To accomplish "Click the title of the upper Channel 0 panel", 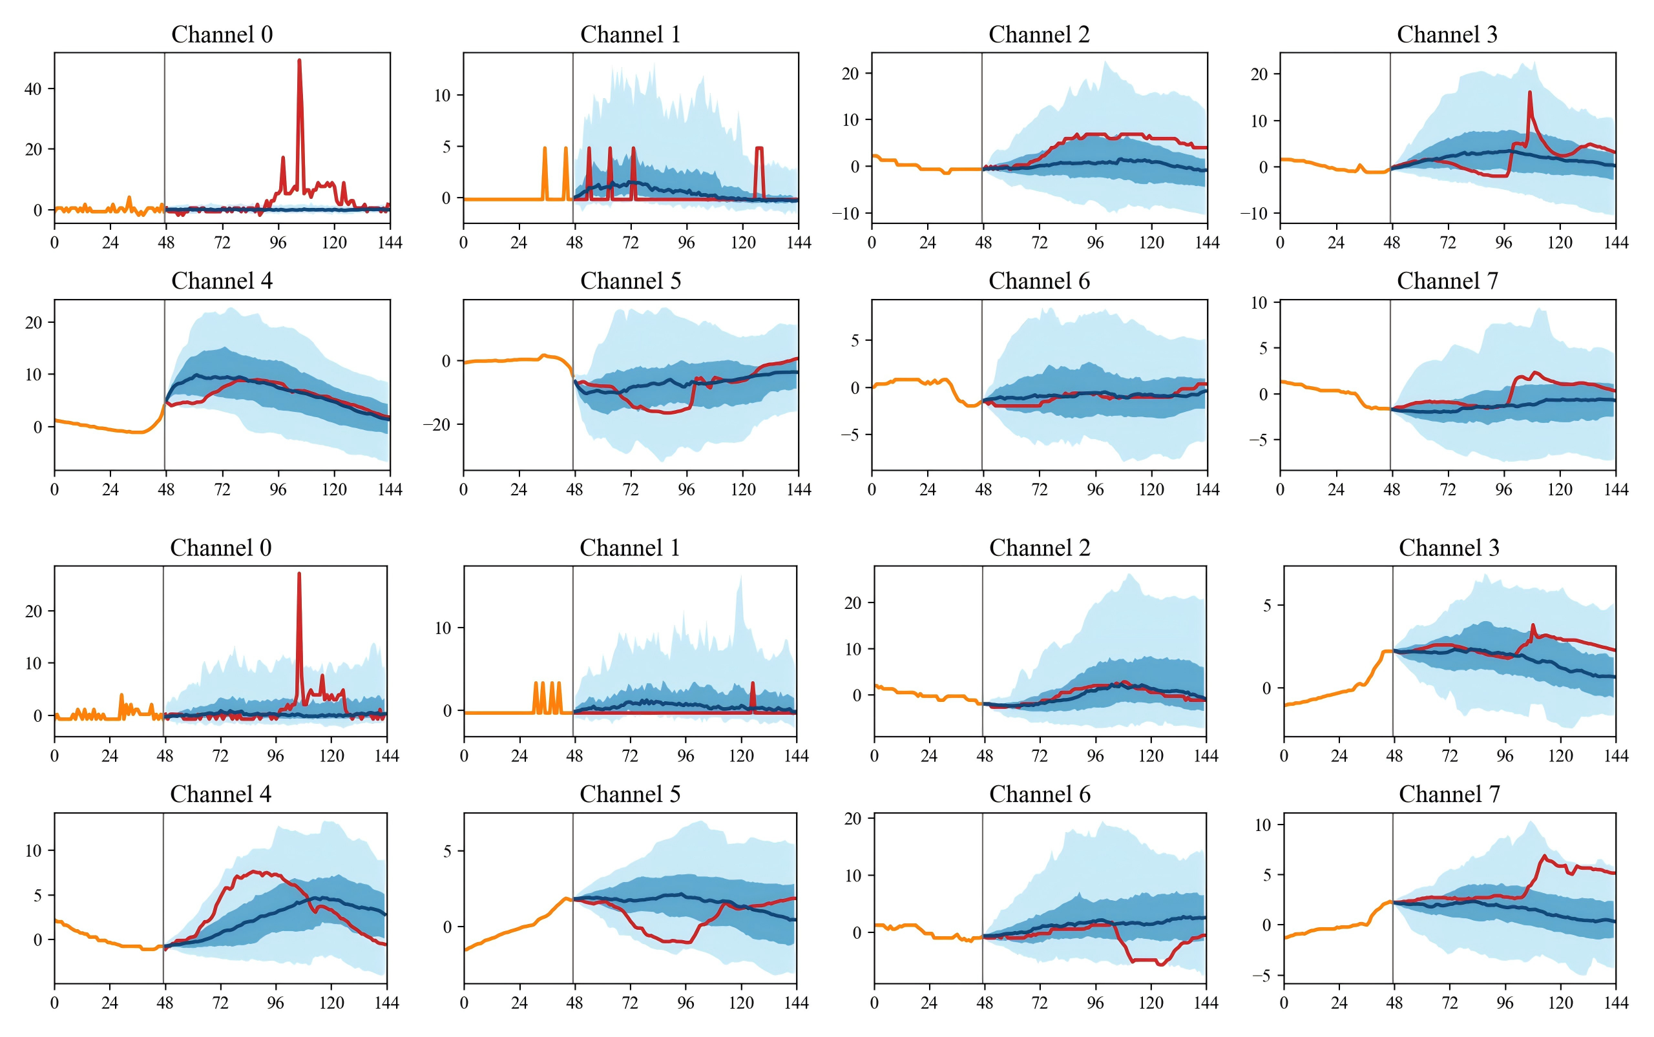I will [222, 34].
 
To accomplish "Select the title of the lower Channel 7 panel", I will [1449, 794].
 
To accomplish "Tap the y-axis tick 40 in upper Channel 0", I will [33, 88].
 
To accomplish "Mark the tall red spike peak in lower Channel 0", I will [298, 574].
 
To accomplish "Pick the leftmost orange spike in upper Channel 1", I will [545, 148].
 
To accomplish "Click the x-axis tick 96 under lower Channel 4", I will [275, 1003].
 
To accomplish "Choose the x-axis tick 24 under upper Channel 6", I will [927, 489].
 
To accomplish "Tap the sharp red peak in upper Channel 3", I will [1530, 92].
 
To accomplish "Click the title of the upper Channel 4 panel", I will [222, 281].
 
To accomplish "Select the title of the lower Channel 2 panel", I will [1039, 548].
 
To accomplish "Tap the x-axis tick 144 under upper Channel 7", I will [1616, 489].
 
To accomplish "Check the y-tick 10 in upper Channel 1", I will [442, 96].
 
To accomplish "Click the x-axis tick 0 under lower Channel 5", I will [464, 1003].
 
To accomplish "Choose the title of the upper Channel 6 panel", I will [1039, 281].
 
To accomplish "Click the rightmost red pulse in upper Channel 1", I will [759, 148].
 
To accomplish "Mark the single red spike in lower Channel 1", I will [753, 684].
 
